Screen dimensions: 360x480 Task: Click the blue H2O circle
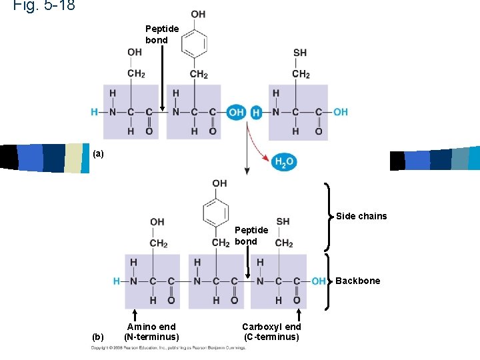[x=283, y=161]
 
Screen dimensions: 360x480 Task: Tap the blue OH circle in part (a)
[x=236, y=112]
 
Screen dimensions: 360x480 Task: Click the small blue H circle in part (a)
[x=257, y=112]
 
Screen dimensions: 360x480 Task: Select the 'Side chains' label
[x=361, y=216]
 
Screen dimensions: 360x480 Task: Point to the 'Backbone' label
[x=358, y=281]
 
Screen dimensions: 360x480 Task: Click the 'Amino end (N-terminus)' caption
[x=151, y=331]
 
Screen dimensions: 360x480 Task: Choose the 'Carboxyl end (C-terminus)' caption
[x=271, y=331]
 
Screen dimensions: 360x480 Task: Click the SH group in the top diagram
[x=300, y=53]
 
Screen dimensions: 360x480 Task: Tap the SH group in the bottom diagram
[x=283, y=221]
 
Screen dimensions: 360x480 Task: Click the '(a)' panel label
[x=98, y=154]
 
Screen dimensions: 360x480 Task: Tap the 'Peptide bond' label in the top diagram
[x=162, y=34]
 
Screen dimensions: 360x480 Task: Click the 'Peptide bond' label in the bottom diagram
[x=251, y=235]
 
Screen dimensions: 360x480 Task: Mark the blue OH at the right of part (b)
[x=319, y=281]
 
